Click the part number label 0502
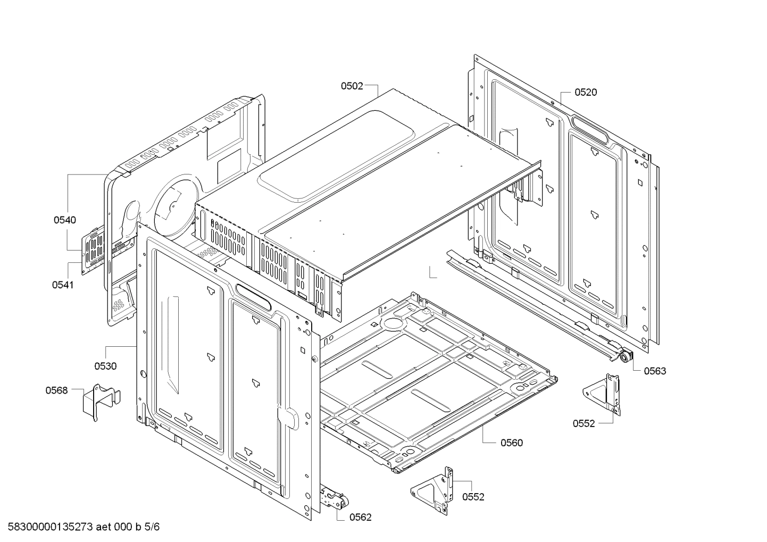click(352, 85)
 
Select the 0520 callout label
click(586, 93)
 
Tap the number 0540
click(64, 220)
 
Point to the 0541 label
click(63, 285)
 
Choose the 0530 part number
click(105, 366)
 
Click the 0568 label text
click(56, 391)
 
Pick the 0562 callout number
click(360, 517)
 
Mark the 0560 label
click(511, 443)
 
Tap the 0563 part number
click(655, 371)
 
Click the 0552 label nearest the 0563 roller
click(583, 423)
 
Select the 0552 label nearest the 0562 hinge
click(473, 497)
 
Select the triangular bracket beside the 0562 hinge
click(433, 491)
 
